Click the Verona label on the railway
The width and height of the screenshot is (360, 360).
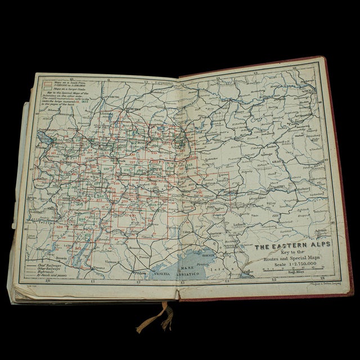100,264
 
